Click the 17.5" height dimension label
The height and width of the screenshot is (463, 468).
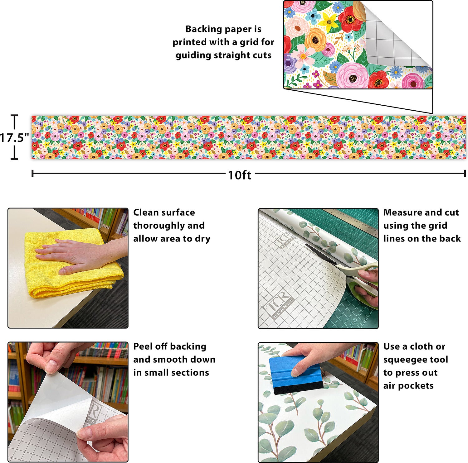tap(14, 137)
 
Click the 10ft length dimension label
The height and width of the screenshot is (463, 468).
tap(239, 175)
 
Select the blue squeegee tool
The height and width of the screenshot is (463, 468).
tap(296, 375)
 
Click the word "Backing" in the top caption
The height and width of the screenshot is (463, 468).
tap(203, 29)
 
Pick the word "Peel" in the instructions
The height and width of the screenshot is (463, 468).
tap(143, 346)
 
